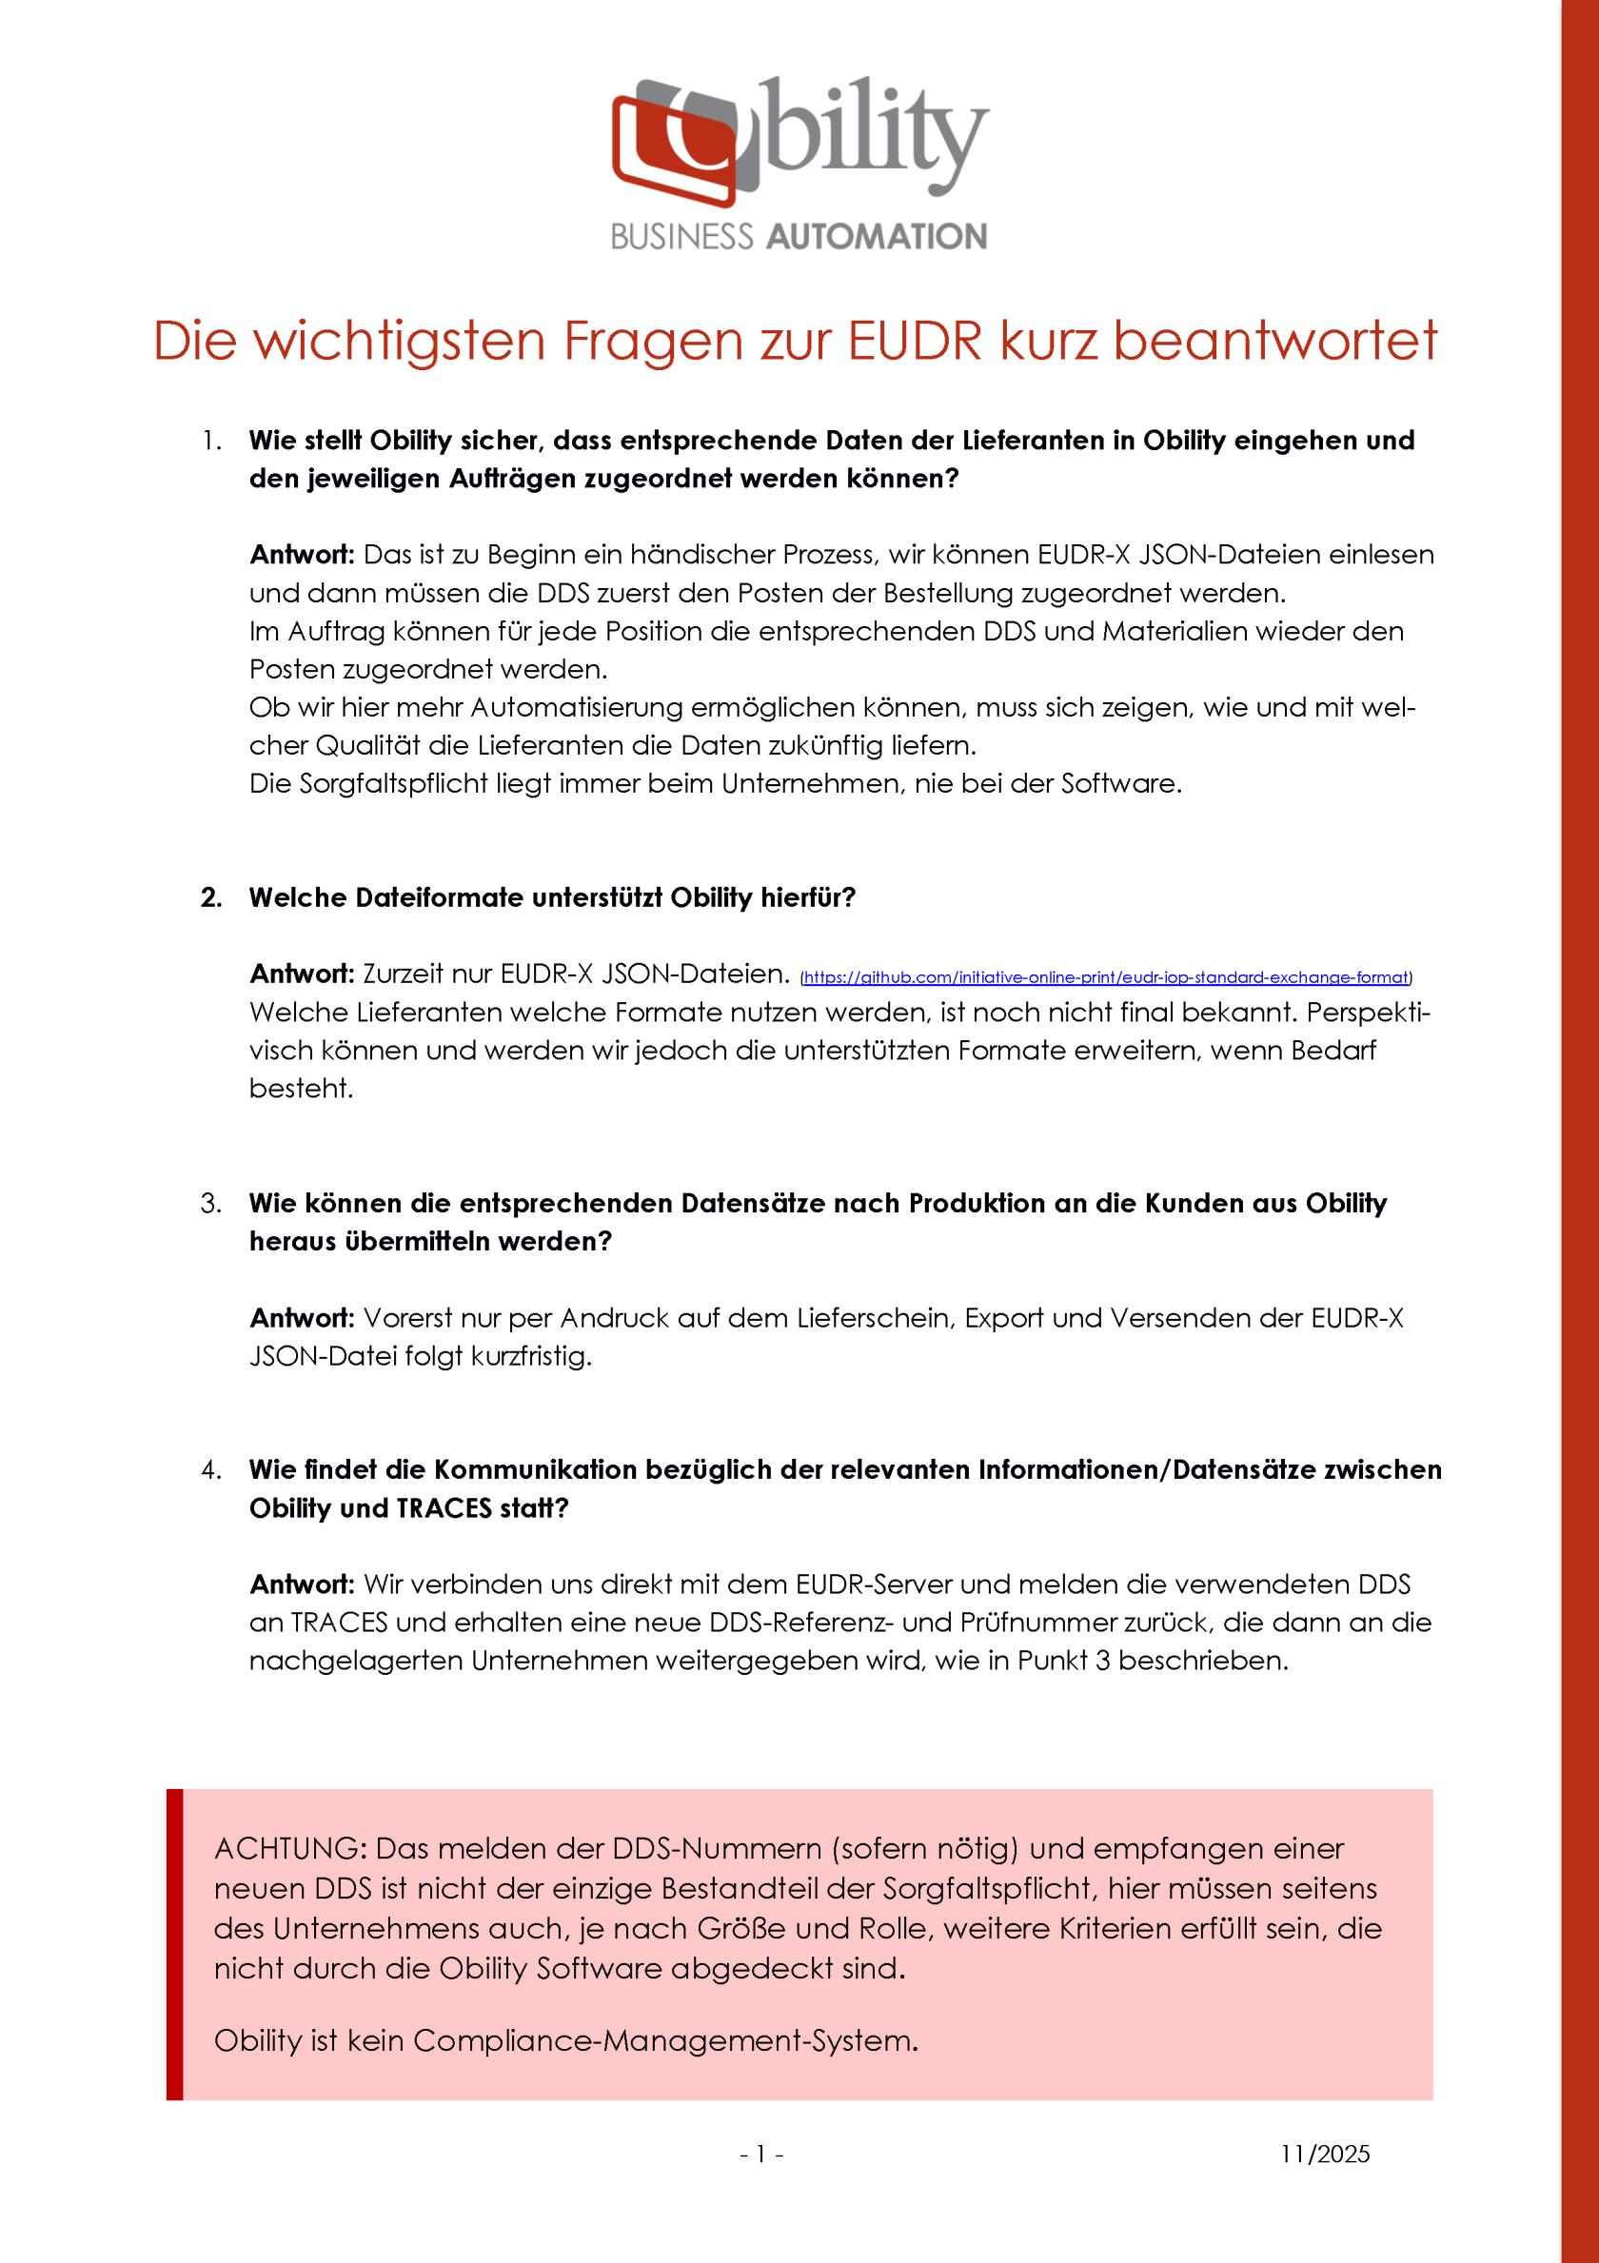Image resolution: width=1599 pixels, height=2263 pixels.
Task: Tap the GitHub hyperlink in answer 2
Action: pyautogui.click(x=1106, y=977)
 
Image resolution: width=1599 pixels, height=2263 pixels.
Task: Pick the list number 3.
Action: pyautogui.click(x=210, y=1204)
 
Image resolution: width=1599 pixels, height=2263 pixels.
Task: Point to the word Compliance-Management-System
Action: pyautogui.click(x=661, y=2040)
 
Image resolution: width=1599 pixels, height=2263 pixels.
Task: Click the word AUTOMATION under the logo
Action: pyautogui.click(x=875, y=237)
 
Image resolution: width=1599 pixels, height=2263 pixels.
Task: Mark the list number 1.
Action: pyautogui.click(x=211, y=441)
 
